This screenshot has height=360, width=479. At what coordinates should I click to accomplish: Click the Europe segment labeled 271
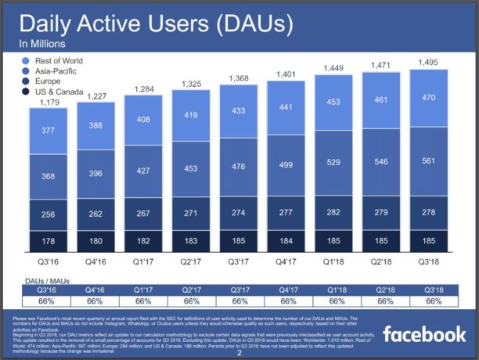(190, 212)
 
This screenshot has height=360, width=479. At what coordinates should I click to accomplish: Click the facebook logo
(424, 335)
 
